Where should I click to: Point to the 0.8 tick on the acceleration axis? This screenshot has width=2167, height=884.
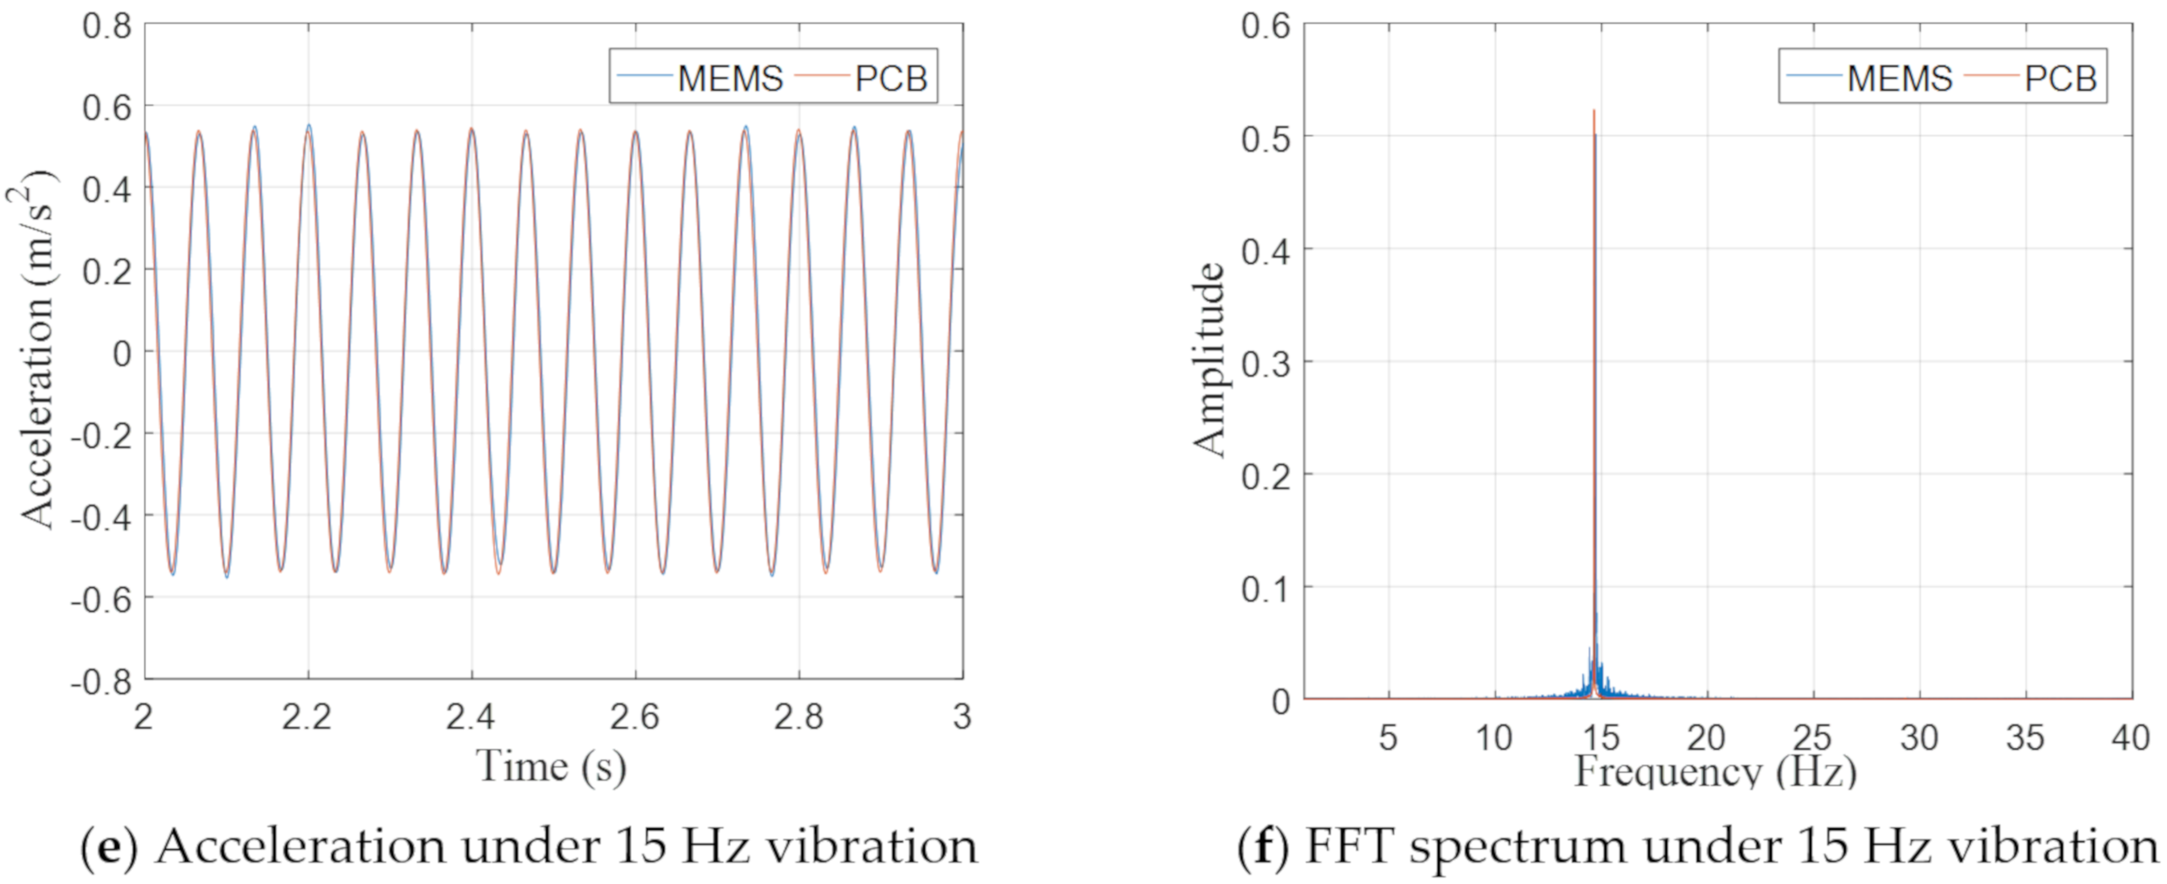pyautogui.click(x=107, y=26)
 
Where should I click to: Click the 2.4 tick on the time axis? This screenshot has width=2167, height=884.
pyautogui.click(x=471, y=718)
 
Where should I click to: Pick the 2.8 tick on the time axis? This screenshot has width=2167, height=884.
pyautogui.click(x=799, y=718)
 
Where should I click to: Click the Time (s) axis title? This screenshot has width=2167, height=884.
pyautogui.click(x=551, y=766)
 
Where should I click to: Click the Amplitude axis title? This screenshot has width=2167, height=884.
pyautogui.click(x=1209, y=361)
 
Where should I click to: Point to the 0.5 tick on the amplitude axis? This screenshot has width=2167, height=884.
pyautogui.click(x=1265, y=138)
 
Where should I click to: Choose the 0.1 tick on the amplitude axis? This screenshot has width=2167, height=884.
pyautogui.click(x=1265, y=589)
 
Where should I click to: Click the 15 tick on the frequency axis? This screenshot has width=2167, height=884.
pyautogui.click(x=1600, y=738)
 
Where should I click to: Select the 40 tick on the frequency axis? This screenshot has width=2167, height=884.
pyautogui.click(x=2130, y=738)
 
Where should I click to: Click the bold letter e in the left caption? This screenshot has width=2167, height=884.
pyautogui.click(x=109, y=846)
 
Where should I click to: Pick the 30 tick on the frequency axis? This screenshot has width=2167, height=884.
pyautogui.click(x=1919, y=738)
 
